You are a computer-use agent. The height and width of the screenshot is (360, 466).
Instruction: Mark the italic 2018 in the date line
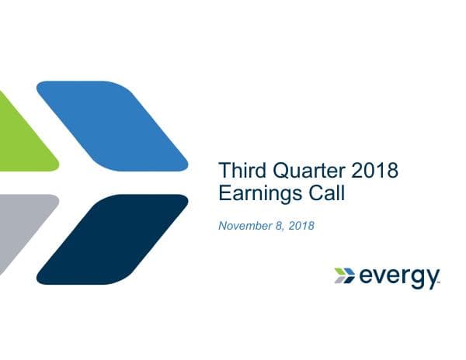(300, 226)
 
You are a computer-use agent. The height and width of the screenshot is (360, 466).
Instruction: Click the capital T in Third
(224, 170)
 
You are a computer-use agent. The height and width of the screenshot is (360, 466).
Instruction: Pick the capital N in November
(223, 226)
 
